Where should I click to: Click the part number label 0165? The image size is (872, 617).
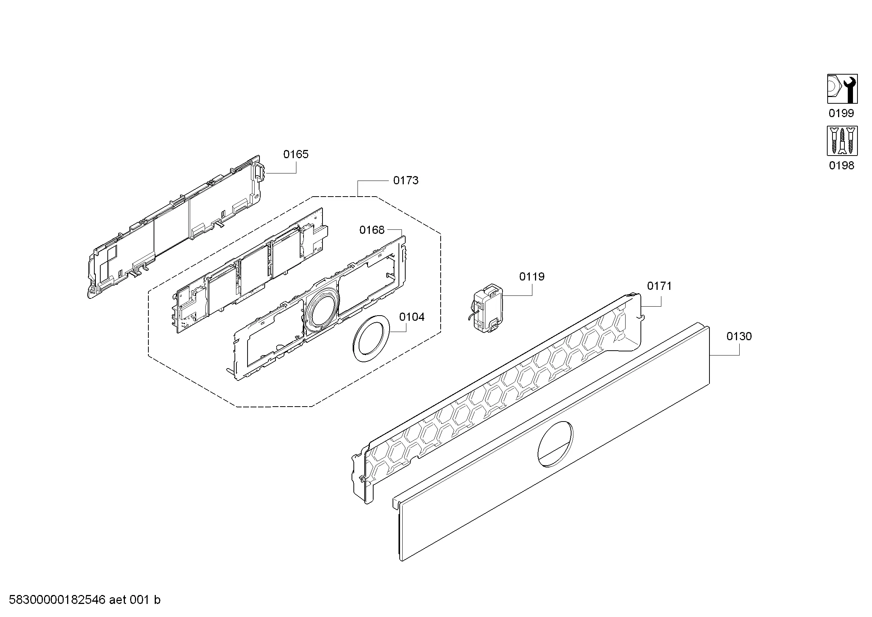coord(296,154)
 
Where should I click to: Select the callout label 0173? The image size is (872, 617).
coord(406,181)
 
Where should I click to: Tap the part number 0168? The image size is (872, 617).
coord(372,230)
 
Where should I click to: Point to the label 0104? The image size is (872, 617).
coord(412,317)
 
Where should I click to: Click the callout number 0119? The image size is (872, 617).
coord(532,276)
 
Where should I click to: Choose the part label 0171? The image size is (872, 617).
coord(659,286)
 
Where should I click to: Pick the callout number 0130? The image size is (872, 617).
coord(739,336)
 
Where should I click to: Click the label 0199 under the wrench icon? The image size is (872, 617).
coord(841,113)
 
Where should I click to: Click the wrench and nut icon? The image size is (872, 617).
coord(843,89)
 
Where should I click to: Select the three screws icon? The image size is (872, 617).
coord(843,141)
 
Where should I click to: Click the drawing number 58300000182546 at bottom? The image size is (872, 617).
coord(57,600)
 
